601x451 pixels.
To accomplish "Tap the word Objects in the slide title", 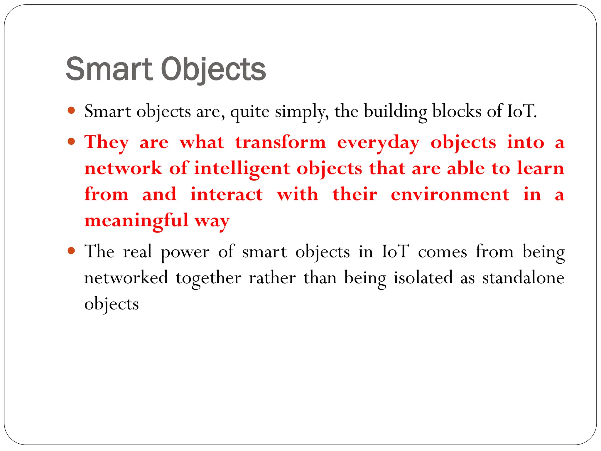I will coord(213,70).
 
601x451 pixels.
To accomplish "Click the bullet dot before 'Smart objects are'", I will coord(71,111).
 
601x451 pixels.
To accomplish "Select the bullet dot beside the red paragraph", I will coord(71,142).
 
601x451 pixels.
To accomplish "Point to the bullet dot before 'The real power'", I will coord(71,251).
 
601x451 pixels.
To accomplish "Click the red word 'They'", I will coord(107,143).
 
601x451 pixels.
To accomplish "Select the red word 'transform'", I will coord(281,142).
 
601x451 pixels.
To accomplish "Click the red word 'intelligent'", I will coord(242,169).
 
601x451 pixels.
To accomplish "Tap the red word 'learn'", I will coord(541,168).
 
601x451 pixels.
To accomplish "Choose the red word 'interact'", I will coord(227,194).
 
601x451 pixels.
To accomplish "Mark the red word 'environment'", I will coord(450,194).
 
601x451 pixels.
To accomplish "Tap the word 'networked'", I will coord(126,278).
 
